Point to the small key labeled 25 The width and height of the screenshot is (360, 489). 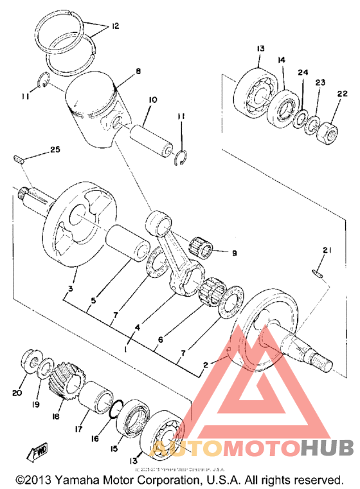(19, 158)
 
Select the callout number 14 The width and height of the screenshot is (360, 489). (281, 60)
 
